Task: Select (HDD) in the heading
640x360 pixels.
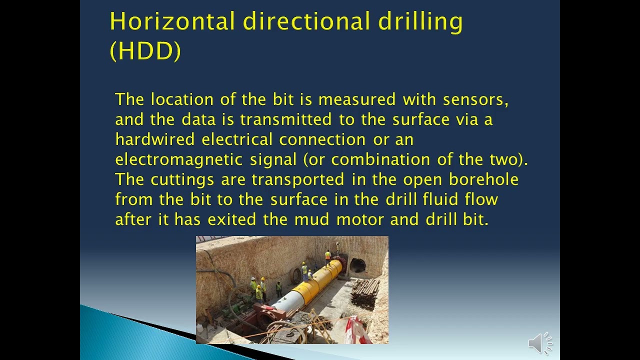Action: (145, 51)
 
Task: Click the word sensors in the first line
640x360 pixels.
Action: (475, 99)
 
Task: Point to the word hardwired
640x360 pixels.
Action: (155, 139)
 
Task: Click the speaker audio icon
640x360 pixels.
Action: (540, 343)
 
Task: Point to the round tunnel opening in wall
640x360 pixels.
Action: (357, 264)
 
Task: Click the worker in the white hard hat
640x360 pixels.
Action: (253, 285)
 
